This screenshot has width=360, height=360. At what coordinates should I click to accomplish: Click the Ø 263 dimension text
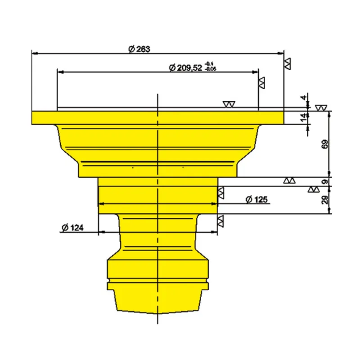[x=139, y=49]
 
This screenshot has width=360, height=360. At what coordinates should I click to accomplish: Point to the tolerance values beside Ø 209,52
[x=210, y=67]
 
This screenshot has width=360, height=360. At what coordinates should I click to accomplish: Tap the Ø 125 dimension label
[x=255, y=199]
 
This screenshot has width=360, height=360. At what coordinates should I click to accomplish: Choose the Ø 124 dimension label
[x=72, y=228]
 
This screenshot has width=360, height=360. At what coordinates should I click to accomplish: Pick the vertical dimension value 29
[x=325, y=199]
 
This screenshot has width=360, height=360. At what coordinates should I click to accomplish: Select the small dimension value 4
[x=304, y=98]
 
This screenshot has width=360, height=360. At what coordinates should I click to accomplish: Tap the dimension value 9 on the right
[x=325, y=182]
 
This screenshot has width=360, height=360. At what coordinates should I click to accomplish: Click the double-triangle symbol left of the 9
[x=289, y=180]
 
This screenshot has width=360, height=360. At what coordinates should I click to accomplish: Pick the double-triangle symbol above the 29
[x=313, y=189]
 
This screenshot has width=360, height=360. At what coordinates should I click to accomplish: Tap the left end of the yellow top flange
[x=34, y=117]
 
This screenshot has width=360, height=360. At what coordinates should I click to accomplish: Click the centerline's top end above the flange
[x=157, y=95]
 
